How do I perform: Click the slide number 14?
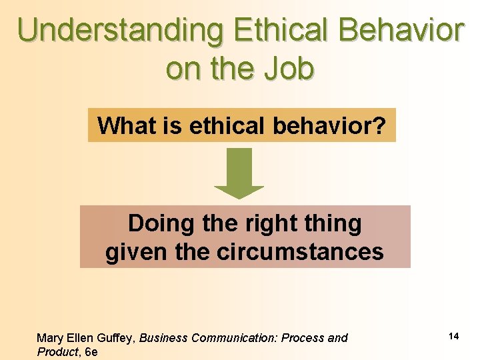[x=453, y=336]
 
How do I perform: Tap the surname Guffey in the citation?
[x=116, y=338]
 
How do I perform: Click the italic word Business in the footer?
[x=164, y=338]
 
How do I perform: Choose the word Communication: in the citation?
[x=234, y=338]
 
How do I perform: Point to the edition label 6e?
[x=91, y=352]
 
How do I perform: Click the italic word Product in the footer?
[x=57, y=352]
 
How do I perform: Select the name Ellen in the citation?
[x=79, y=338]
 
